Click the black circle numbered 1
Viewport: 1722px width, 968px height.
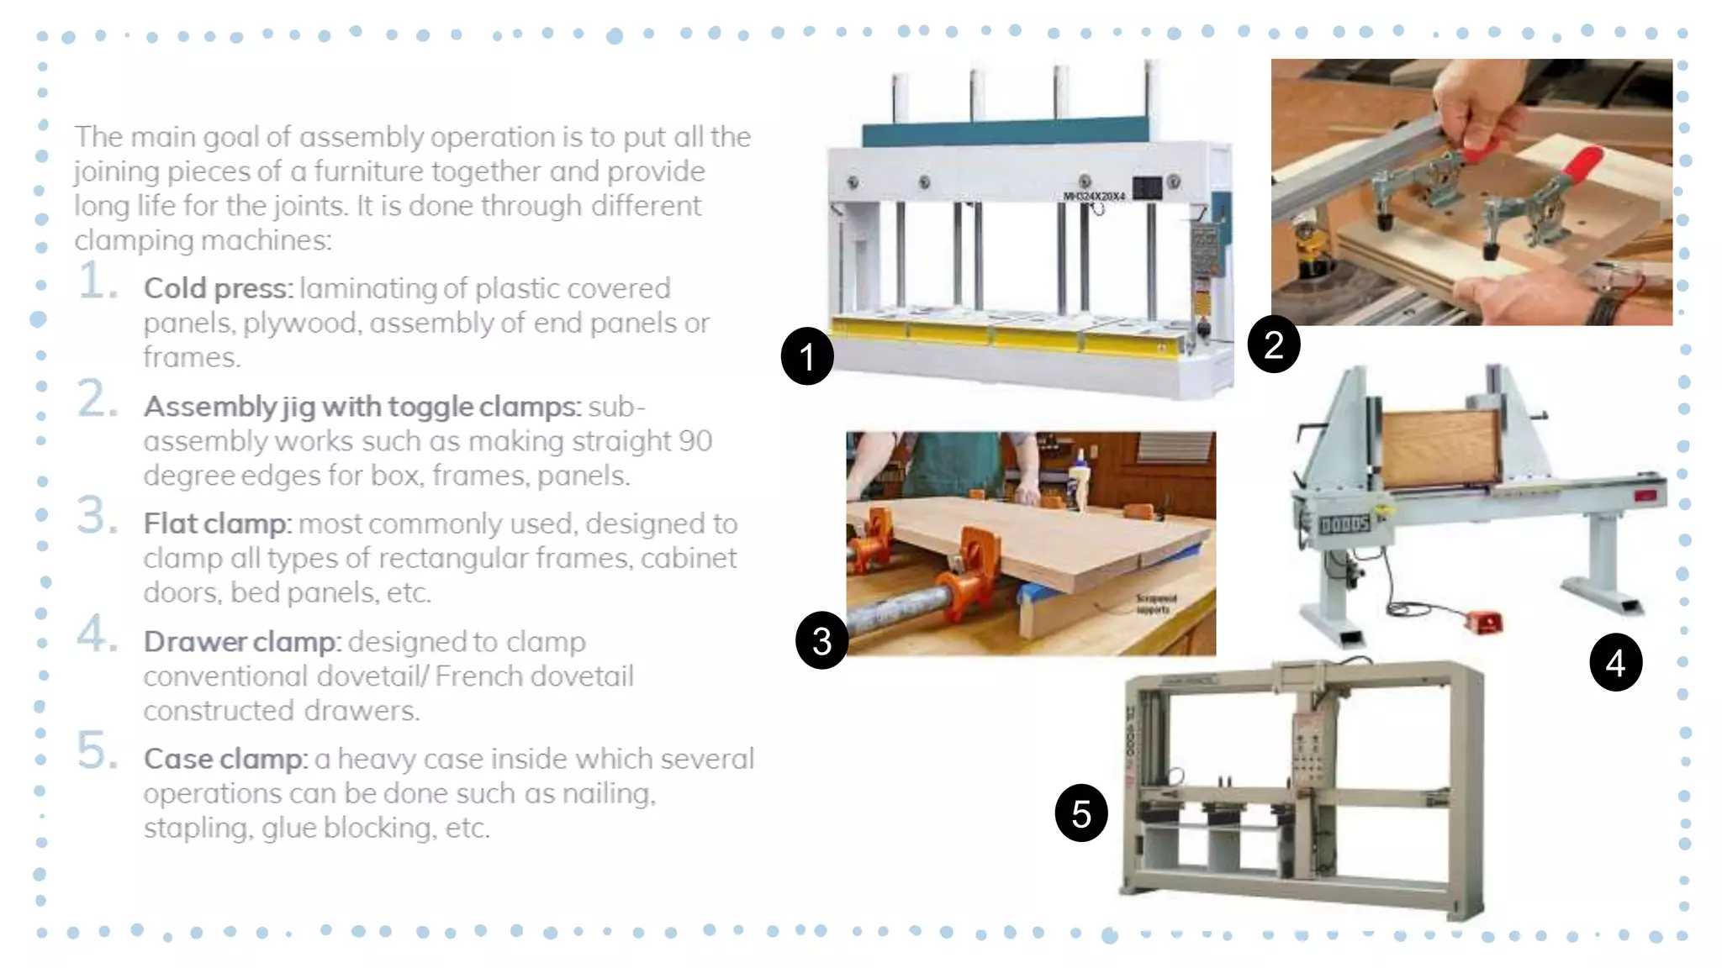point(807,356)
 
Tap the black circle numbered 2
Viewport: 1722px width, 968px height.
point(1274,345)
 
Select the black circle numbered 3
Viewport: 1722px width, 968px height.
point(821,641)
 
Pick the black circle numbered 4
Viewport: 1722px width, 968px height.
point(1615,663)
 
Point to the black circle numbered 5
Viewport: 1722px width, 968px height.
point(1081,813)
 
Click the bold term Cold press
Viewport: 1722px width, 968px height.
point(217,288)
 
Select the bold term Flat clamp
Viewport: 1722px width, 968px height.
point(216,523)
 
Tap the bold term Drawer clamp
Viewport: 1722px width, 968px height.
point(240,642)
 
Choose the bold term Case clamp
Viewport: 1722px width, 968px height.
point(224,759)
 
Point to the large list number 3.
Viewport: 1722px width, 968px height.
point(96,515)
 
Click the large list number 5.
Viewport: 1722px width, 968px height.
point(96,750)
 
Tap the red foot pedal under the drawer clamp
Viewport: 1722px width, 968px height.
point(1483,623)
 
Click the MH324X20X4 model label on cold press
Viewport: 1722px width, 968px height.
point(1094,196)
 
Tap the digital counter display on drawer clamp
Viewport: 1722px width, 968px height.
point(1344,525)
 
